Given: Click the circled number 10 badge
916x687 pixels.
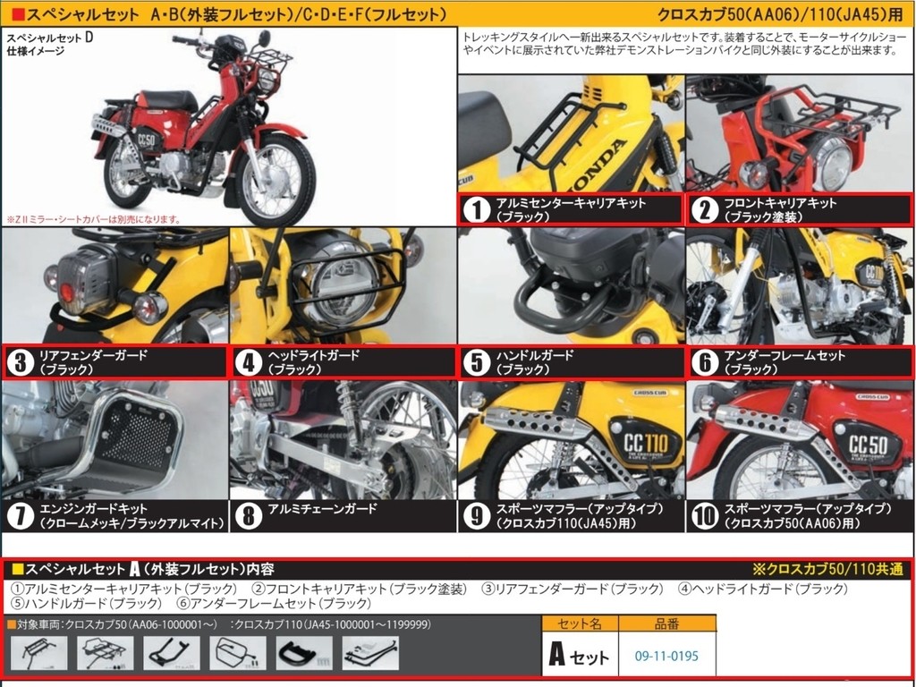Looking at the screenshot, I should pyautogui.click(x=706, y=515).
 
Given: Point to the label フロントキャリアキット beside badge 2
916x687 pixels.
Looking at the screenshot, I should pyautogui.click(x=780, y=203).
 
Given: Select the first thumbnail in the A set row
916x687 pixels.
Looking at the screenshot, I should pyautogui.click(x=35, y=653).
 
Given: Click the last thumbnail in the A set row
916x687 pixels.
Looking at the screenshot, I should pyautogui.click(x=370, y=653).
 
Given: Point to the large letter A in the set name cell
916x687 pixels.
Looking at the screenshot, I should pyautogui.click(x=556, y=656).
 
